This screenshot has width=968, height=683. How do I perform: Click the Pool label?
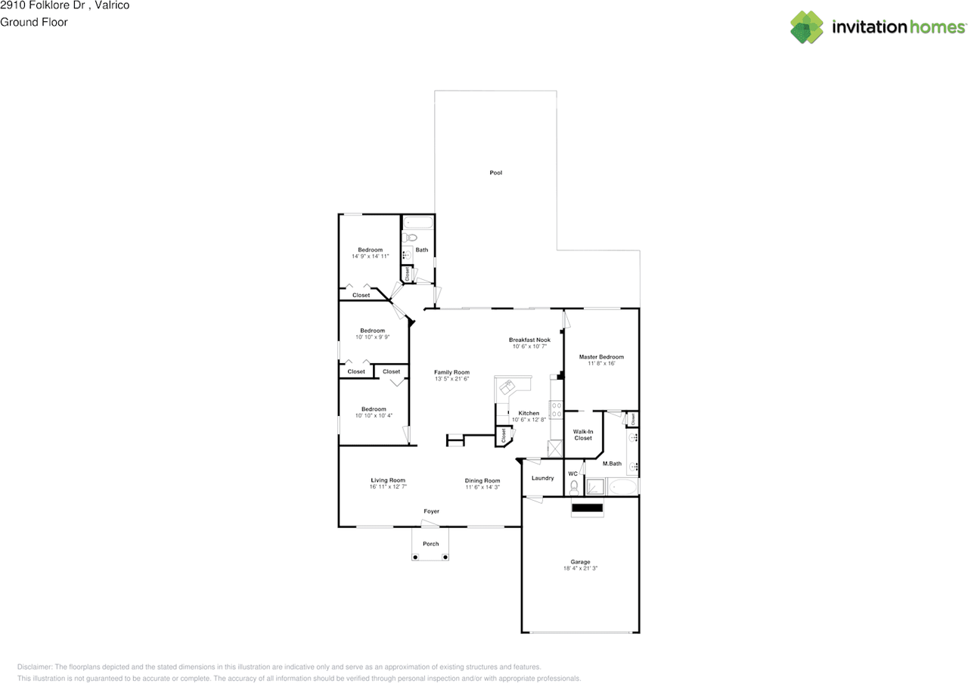point(495,172)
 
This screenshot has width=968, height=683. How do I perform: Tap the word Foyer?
point(431,511)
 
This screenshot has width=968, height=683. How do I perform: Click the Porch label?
point(430,543)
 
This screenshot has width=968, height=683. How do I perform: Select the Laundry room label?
point(542,478)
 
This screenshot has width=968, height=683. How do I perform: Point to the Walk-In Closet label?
point(583,434)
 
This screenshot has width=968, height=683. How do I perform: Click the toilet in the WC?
point(574,488)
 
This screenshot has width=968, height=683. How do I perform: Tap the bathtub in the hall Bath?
point(418,222)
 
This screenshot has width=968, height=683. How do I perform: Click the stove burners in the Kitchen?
point(557,410)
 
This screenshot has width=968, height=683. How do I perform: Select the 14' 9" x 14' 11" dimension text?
point(371,256)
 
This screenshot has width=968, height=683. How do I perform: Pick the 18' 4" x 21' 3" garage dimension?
point(580,568)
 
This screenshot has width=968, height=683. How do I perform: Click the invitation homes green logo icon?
point(806,27)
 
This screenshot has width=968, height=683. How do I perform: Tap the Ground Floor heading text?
point(34,22)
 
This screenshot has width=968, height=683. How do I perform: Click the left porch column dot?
point(415,557)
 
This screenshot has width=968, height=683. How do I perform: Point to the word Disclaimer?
point(35,666)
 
